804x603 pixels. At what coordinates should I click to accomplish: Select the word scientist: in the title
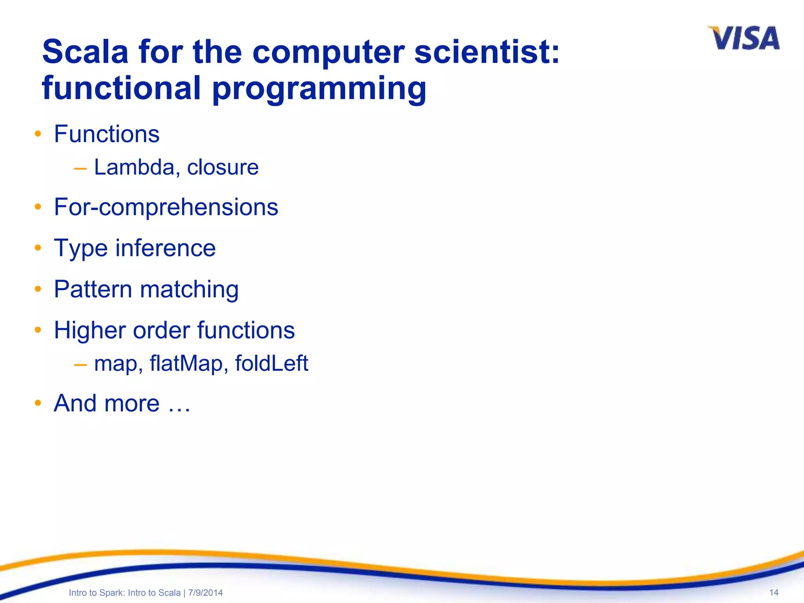coord(487,52)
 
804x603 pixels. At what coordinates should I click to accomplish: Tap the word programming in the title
coord(319,89)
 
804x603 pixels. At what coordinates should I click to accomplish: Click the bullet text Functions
coord(107,134)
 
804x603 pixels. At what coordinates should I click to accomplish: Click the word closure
coord(223,167)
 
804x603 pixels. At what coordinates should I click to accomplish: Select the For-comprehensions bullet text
coord(166,207)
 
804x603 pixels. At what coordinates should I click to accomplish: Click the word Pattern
coord(93,289)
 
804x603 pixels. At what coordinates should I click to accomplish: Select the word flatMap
coord(186,364)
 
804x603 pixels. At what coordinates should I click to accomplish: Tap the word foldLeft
coord(271,364)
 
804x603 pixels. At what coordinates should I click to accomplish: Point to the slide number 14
coord(774,592)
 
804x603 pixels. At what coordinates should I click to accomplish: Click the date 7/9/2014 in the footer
coord(205,593)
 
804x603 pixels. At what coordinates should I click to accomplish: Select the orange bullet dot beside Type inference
coord(38,248)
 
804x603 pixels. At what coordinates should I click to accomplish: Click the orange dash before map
coord(80,365)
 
